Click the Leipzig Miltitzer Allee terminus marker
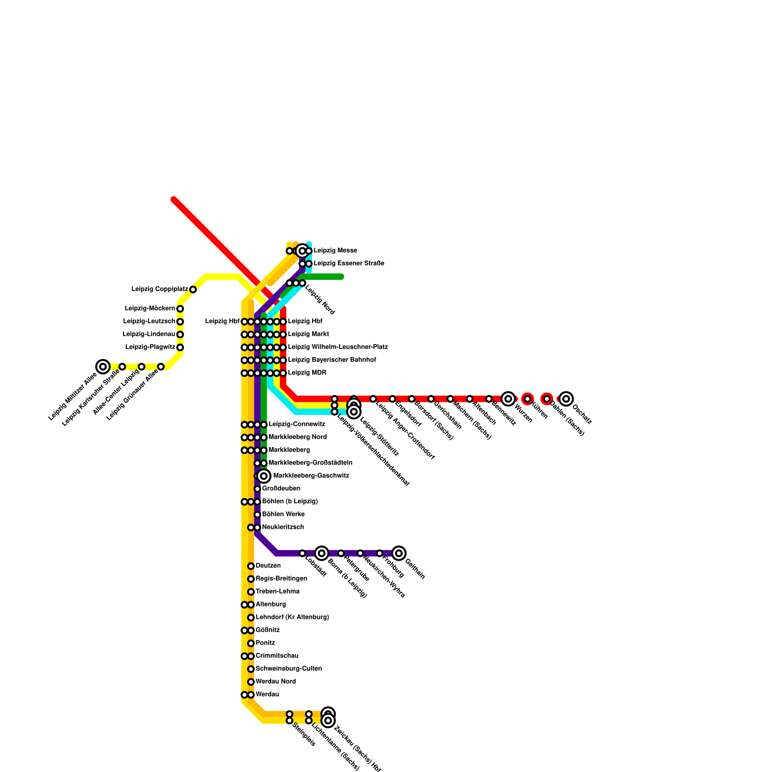tap(103, 367)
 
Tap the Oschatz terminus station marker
tap(566, 399)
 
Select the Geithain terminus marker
tap(399, 553)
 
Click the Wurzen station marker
tap(508, 399)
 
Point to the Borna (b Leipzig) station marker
tap(321, 553)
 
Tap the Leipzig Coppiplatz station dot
tap(193, 289)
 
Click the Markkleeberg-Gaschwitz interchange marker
tap(263, 476)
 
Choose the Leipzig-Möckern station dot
tap(180, 309)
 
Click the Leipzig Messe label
tap(335, 251)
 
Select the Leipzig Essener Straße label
tap(349, 263)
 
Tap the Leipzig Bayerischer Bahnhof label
tap(331, 360)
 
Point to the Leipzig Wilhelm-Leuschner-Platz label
tap(338, 347)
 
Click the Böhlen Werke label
tap(283, 514)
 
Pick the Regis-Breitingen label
tap(281, 579)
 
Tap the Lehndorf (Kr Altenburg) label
tap(292, 617)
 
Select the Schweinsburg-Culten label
tap(289, 669)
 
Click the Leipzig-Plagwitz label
tap(150, 347)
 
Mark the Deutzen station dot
tap(251, 566)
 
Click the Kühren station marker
tap(527, 399)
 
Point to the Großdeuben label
tap(281, 489)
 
